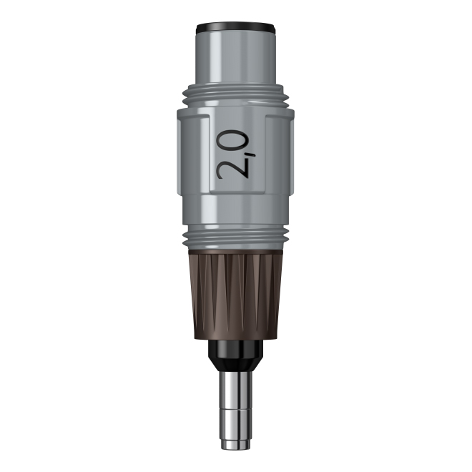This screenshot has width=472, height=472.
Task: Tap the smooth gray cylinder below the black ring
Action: click(x=236, y=57)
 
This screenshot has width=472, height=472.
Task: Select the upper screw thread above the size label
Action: click(x=236, y=96)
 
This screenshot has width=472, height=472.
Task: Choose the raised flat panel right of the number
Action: click(x=280, y=154)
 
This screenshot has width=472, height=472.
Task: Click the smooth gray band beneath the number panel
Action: click(x=236, y=210)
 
